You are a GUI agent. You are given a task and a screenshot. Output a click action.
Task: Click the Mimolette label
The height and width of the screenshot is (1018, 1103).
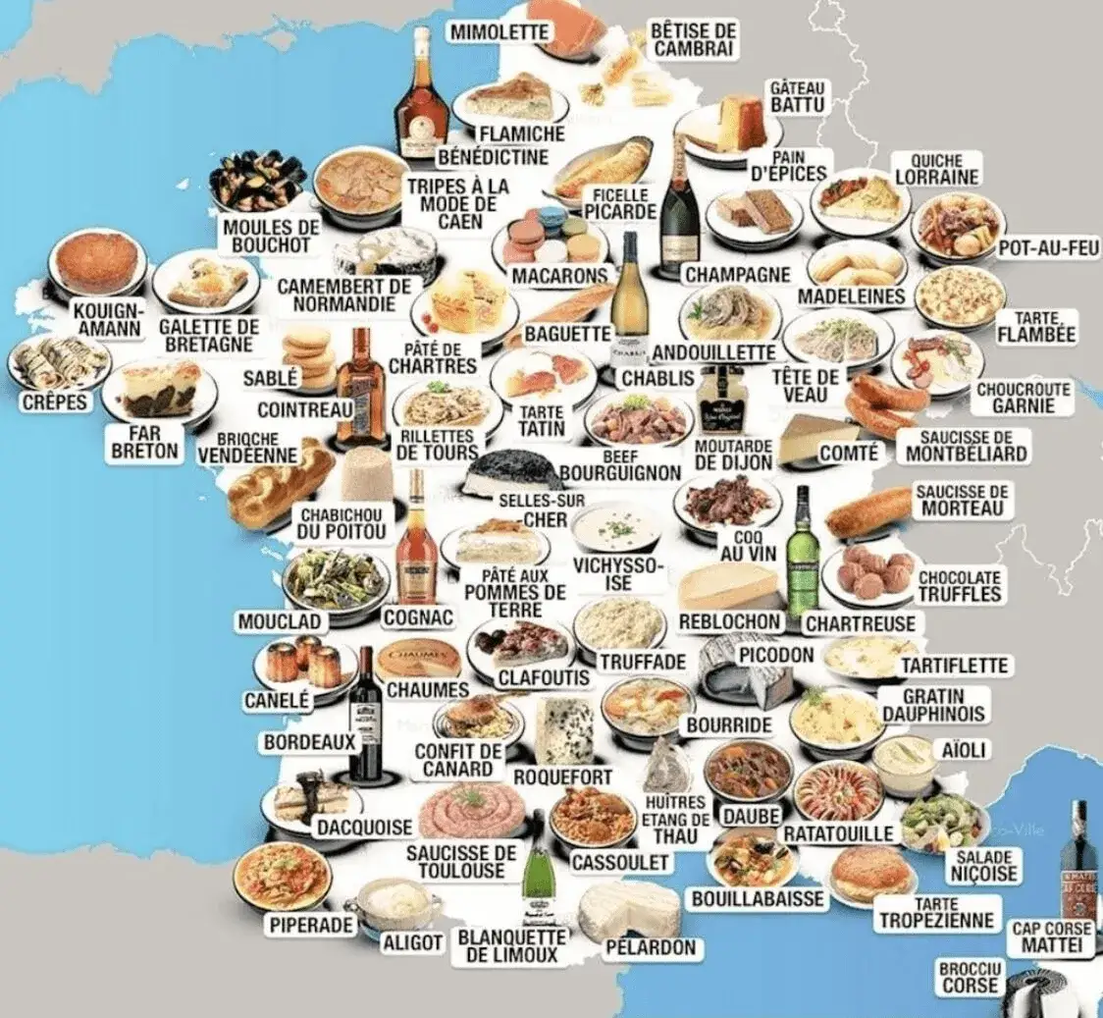(499, 31)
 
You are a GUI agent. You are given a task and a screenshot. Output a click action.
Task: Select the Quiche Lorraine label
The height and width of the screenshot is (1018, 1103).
(936, 169)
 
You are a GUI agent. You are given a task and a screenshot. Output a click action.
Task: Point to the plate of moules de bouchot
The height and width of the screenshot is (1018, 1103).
(257, 181)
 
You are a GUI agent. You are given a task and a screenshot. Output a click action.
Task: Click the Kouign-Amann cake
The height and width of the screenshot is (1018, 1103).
(95, 262)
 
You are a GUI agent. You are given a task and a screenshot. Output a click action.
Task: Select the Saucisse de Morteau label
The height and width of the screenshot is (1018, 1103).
(961, 500)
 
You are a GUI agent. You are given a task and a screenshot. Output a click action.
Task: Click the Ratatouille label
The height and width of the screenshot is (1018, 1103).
(838, 833)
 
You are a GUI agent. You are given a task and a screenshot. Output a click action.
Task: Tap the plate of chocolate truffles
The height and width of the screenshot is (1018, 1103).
(869, 573)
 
